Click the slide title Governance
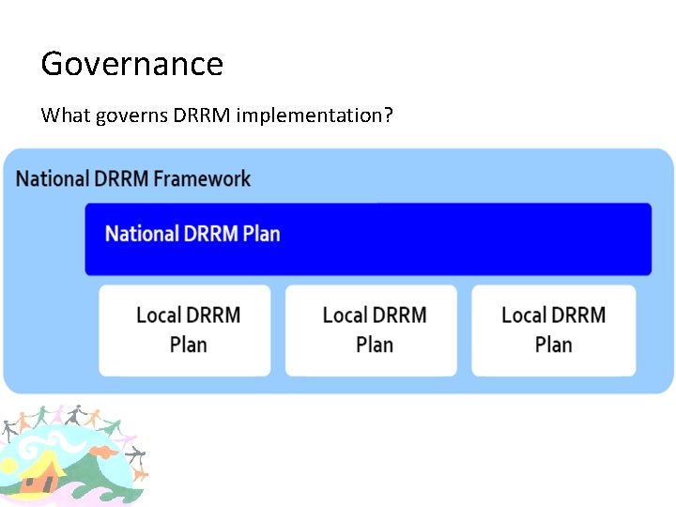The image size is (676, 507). (x=132, y=64)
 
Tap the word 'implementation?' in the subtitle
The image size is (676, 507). (x=315, y=115)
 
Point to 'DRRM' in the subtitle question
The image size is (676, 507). (x=202, y=115)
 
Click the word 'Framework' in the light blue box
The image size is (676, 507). (x=203, y=178)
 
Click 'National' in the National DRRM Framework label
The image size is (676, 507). (x=54, y=178)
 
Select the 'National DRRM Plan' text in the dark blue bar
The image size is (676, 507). (x=192, y=233)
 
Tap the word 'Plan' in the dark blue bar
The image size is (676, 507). (x=261, y=233)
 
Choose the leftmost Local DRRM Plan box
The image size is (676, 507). (x=185, y=330)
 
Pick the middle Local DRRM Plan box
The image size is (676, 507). (x=371, y=330)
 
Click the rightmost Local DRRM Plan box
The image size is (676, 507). (x=553, y=330)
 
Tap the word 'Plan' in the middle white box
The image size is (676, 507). (x=375, y=346)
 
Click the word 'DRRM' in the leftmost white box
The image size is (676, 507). (x=214, y=315)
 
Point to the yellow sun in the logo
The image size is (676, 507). (x=8, y=465)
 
